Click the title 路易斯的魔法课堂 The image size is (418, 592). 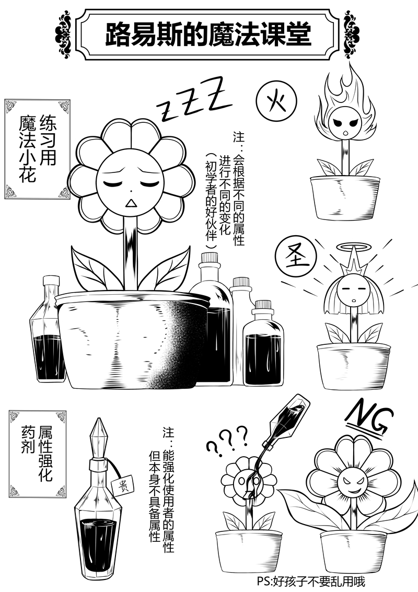point(208,34)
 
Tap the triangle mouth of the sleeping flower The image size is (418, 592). point(131,203)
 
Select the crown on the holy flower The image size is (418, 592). point(353,264)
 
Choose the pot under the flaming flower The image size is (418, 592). point(345,198)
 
